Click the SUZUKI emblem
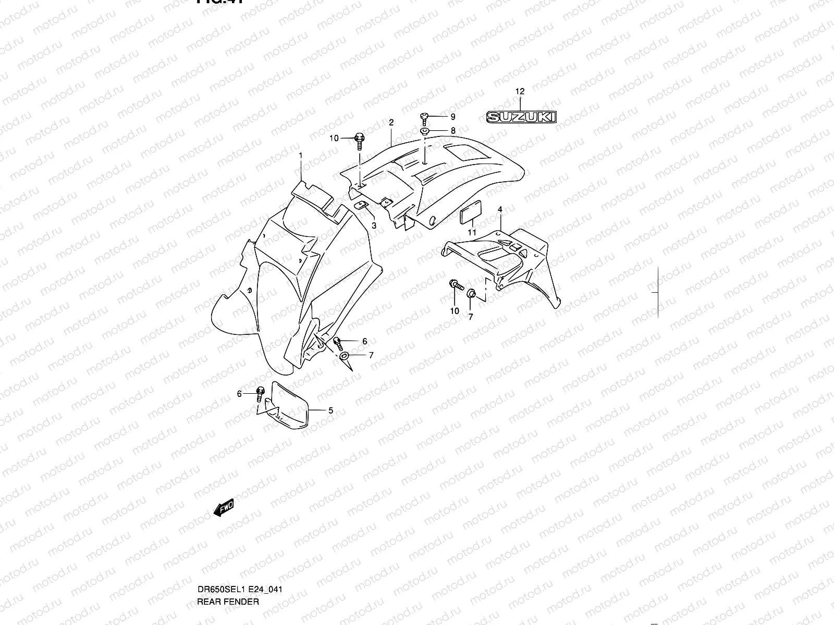click(521, 117)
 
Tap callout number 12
click(520, 92)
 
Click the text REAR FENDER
click(228, 558)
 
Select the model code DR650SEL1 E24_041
click(240, 546)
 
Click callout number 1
click(301, 156)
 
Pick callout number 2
click(391, 122)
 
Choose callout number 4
click(500, 209)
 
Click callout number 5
click(330, 410)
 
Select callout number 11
click(472, 232)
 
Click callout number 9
click(453, 117)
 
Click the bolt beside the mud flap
click(261, 394)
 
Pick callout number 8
click(453, 131)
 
